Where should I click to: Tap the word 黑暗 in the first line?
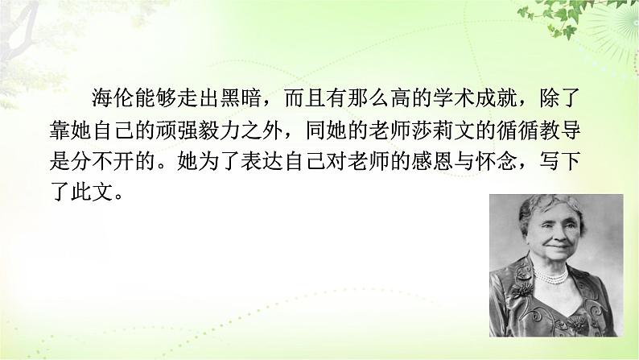(241, 100)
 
